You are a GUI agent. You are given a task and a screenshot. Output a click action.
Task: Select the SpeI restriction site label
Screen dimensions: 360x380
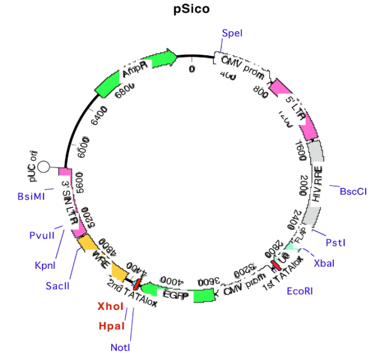(x=232, y=33)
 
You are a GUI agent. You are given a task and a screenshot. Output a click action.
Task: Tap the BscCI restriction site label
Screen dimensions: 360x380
(x=353, y=191)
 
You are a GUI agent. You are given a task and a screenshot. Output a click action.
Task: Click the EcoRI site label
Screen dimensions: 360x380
(x=300, y=291)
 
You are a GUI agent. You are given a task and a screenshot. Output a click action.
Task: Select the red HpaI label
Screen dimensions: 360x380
(x=111, y=326)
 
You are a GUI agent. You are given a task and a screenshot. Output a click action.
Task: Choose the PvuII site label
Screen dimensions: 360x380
(x=43, y=235)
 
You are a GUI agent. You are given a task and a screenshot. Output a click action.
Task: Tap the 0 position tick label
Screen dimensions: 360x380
(x=192, y=69)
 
